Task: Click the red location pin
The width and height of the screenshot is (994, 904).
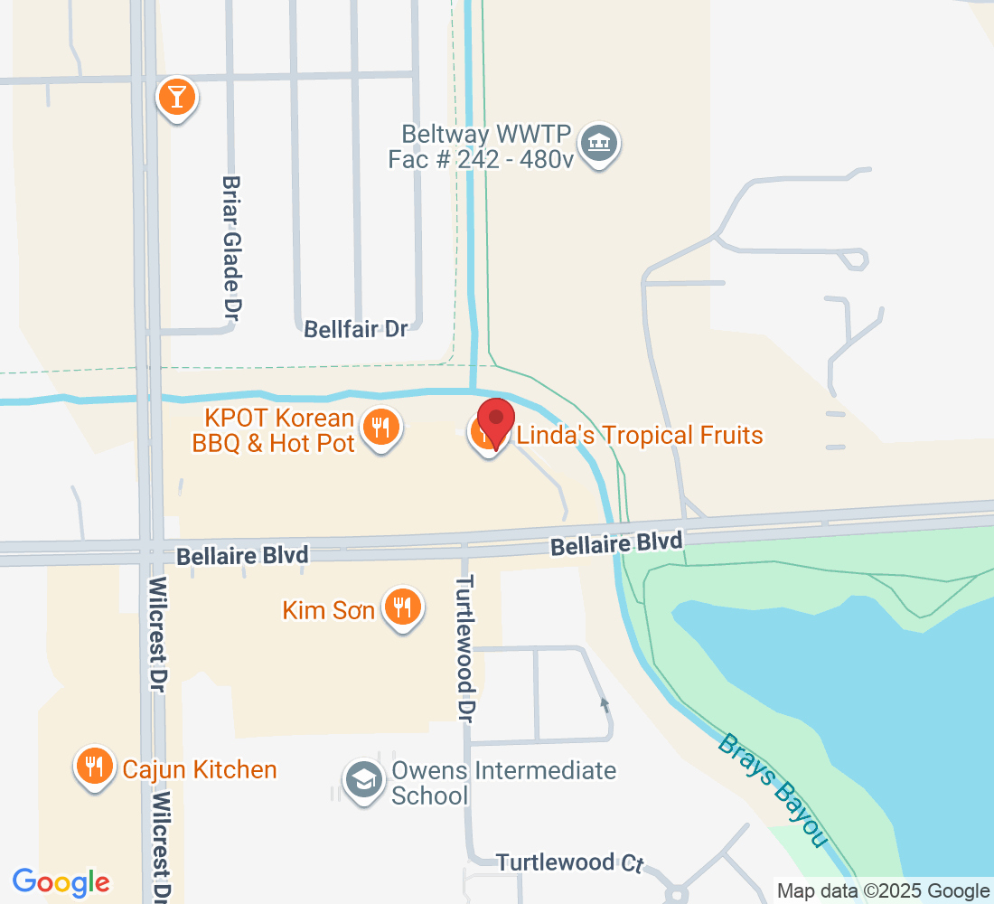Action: click(x=495, y=419)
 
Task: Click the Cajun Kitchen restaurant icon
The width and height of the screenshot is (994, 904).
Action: click(x=93, y=767)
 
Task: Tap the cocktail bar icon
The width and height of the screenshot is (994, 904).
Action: click(x=176, y=95)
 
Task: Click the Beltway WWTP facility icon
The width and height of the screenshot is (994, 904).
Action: click(x=596, y=142)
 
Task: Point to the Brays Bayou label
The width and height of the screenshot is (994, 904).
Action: click(x=774, y=790)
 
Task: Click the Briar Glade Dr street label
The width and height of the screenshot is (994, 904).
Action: click(x=232, y=247)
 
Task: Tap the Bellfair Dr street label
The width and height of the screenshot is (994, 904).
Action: click(x=356, y=328)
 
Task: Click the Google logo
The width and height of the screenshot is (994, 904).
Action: click(x=61, y=881)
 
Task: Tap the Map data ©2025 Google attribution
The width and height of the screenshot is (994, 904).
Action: click(x=883, y=890)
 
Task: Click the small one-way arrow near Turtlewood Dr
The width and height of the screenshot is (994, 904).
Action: click(x=605, y=702)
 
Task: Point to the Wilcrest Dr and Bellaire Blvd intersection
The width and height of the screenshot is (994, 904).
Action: click(x=151, y=551)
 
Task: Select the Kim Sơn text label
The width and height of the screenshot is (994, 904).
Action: click(x=329, y=610)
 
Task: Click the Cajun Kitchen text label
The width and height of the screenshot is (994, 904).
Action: click(x=200, y=769)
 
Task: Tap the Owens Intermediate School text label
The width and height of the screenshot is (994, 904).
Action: click(x=503, y=783)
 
